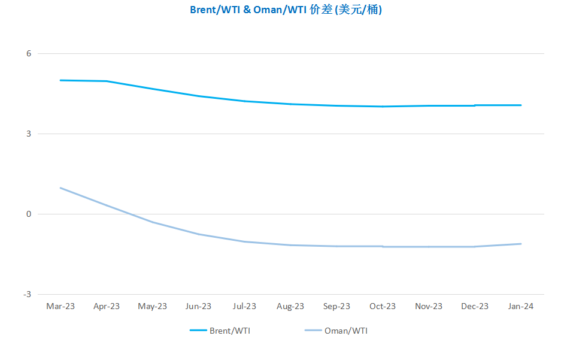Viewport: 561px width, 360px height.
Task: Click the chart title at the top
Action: point(286,10)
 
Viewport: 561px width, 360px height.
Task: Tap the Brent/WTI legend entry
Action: point(220,331)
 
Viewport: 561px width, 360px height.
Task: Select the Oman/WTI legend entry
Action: point(336,331)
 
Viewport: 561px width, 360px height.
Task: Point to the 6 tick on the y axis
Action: point(29,53)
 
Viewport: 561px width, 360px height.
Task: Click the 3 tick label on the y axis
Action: point(29,134)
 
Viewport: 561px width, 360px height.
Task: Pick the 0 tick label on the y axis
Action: point(29,214)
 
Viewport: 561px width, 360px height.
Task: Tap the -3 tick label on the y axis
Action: point(28,294)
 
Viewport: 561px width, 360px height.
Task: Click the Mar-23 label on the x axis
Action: point(60,306)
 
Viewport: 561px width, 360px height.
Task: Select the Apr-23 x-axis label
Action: point(107,306)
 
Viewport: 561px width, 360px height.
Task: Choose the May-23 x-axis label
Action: point(153,306)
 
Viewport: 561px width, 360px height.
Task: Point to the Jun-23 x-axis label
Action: point(198,306)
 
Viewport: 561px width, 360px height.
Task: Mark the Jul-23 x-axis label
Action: point(244,306)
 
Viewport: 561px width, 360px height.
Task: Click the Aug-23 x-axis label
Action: point(290,306)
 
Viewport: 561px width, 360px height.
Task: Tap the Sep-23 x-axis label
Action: point(336,306)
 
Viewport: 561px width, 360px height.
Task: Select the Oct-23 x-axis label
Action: point(383,306)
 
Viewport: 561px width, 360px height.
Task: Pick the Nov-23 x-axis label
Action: point(429,306)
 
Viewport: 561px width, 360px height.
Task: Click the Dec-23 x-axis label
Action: point(475,306)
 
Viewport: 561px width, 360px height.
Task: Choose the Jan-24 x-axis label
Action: point(520,306)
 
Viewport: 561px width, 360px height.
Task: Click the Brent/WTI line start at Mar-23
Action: point(60,80)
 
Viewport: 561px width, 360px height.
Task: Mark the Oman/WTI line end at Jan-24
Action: point(520,244)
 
